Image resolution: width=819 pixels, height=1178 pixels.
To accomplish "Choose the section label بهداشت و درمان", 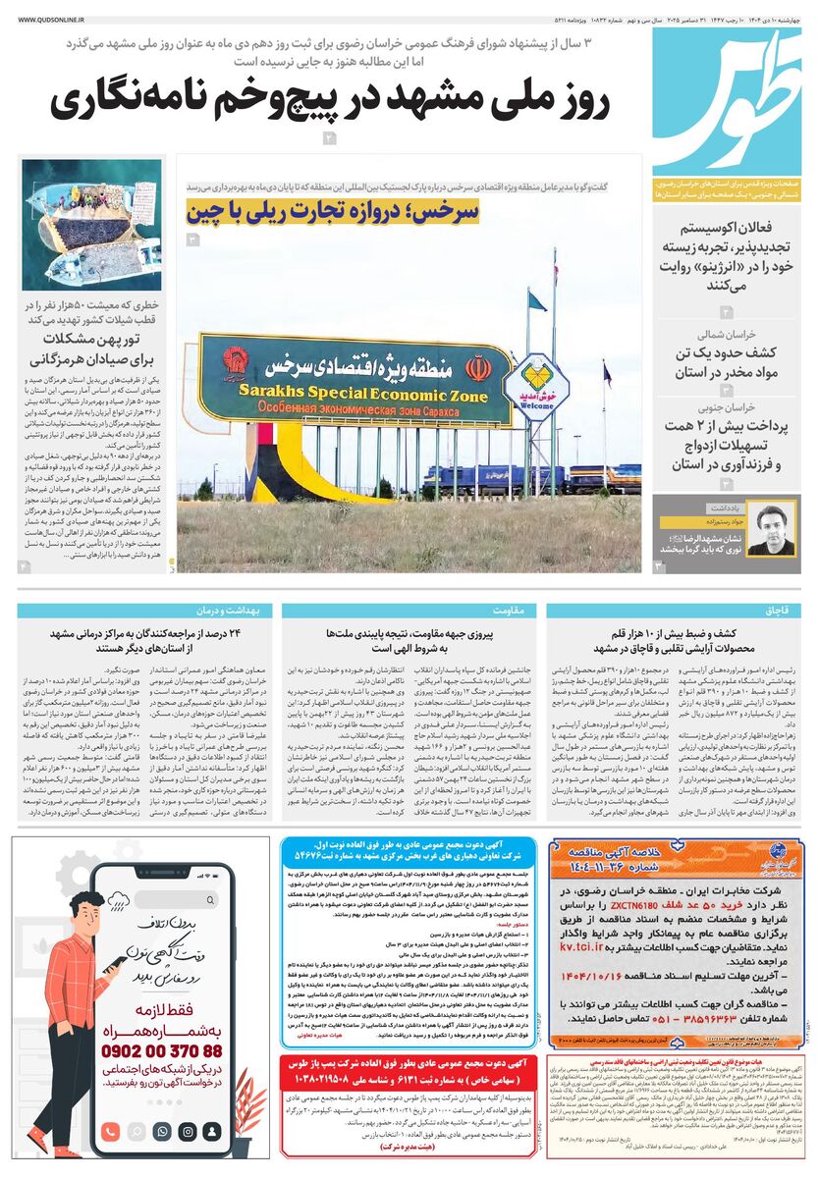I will click(x=238, y=610).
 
